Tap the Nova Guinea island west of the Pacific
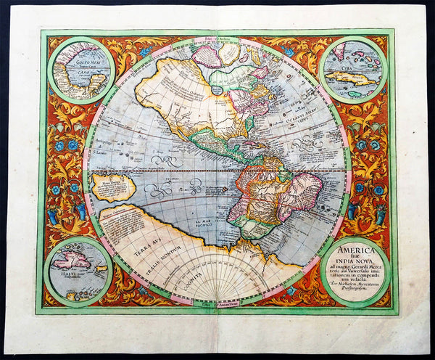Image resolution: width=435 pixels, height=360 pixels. (113, 187)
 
